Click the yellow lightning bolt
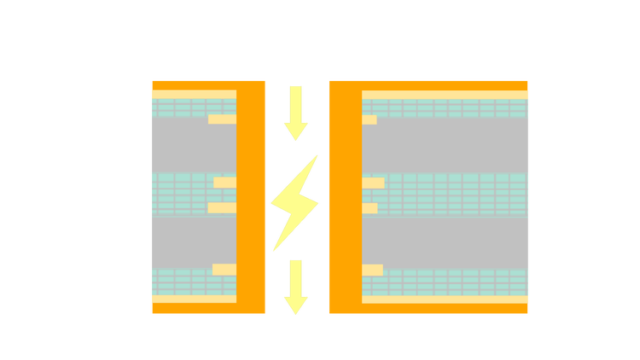point(294,203)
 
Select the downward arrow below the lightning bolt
point(296,287)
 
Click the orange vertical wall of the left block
point(251,196)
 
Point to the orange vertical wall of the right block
point(345,196)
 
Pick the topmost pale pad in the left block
point(222,119)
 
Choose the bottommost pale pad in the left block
point(224,270)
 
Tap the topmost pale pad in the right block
point(369,119)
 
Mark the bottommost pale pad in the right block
point(372,270)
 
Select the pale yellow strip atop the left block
point(194,94)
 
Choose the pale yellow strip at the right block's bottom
point(445,299)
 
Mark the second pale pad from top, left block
point(224,183)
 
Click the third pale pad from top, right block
point(369,208)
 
